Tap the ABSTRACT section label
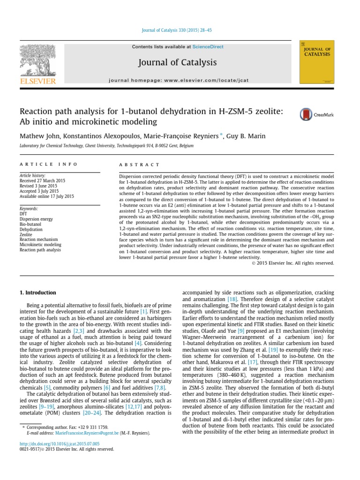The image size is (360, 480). point(140,165)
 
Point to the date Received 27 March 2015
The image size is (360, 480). point(41,180)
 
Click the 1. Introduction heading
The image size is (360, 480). point(37,293)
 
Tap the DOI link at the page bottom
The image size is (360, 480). point(59,443)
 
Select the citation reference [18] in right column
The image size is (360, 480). point(232,299)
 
